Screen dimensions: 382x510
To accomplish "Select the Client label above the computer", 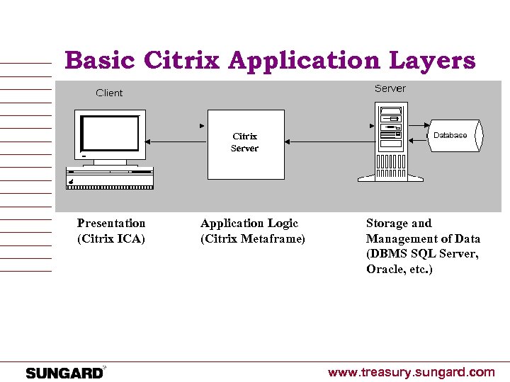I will [109, 93].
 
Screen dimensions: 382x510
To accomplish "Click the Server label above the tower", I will [390, 88].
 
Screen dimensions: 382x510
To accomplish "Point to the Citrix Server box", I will [245, 144].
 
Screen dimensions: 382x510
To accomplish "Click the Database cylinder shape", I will [453, 135].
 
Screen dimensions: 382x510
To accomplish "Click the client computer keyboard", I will [110, 178].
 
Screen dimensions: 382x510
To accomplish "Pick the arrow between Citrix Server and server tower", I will [323, 141].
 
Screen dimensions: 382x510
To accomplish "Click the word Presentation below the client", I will [111, 224].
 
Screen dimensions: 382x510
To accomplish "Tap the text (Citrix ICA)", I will [110, 239].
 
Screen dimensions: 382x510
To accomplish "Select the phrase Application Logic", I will [249, 224].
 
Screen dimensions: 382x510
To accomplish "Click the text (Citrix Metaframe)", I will [253, 239].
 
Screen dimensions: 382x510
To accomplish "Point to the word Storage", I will [387, 224].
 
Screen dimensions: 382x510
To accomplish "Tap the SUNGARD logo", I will [64, 373].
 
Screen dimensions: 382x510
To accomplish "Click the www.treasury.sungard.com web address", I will [411, 372].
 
